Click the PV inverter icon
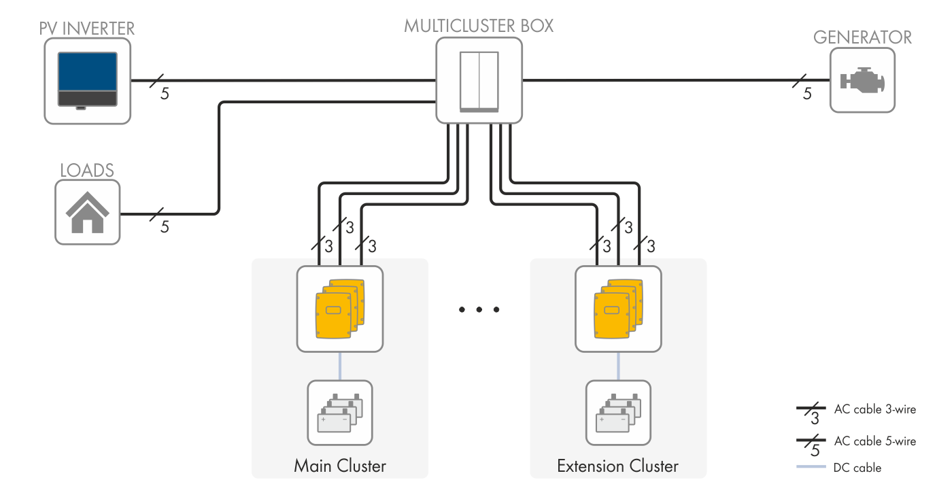pyautogui.click(x=86, y=82)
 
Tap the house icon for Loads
pyautogui.click(x=87, y=213)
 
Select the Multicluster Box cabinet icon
pyautogui.click(x=479, y=80)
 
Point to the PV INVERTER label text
pyautogui.click(x=87, y=29)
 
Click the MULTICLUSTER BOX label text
pyautogui.click(x=479, y=26)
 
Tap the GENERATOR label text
pyautogui.click(x=862, y=37)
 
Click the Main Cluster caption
pyautogui.click(x=339, y=466)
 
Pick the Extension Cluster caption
pyautogui.click(x=617, y=466)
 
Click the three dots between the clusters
pyautogui.click(x=479, y=310)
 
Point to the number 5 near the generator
pyautogui.click(x=807, y=94)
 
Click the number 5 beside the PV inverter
pyautogui.click(x=165, y=94)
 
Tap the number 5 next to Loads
pyautogui.click(x=165, y=227)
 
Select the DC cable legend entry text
pyautogui.click(x=857, y=468)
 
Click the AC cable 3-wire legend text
pyautogui.click(x=874, y=409)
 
